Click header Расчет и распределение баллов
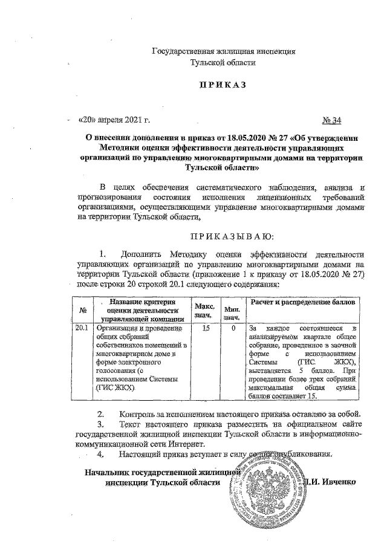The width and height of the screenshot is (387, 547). (x=302, y=301)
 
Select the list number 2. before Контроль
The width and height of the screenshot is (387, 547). (x=100, y=415)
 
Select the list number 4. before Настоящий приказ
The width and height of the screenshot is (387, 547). (x=100, y=453)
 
